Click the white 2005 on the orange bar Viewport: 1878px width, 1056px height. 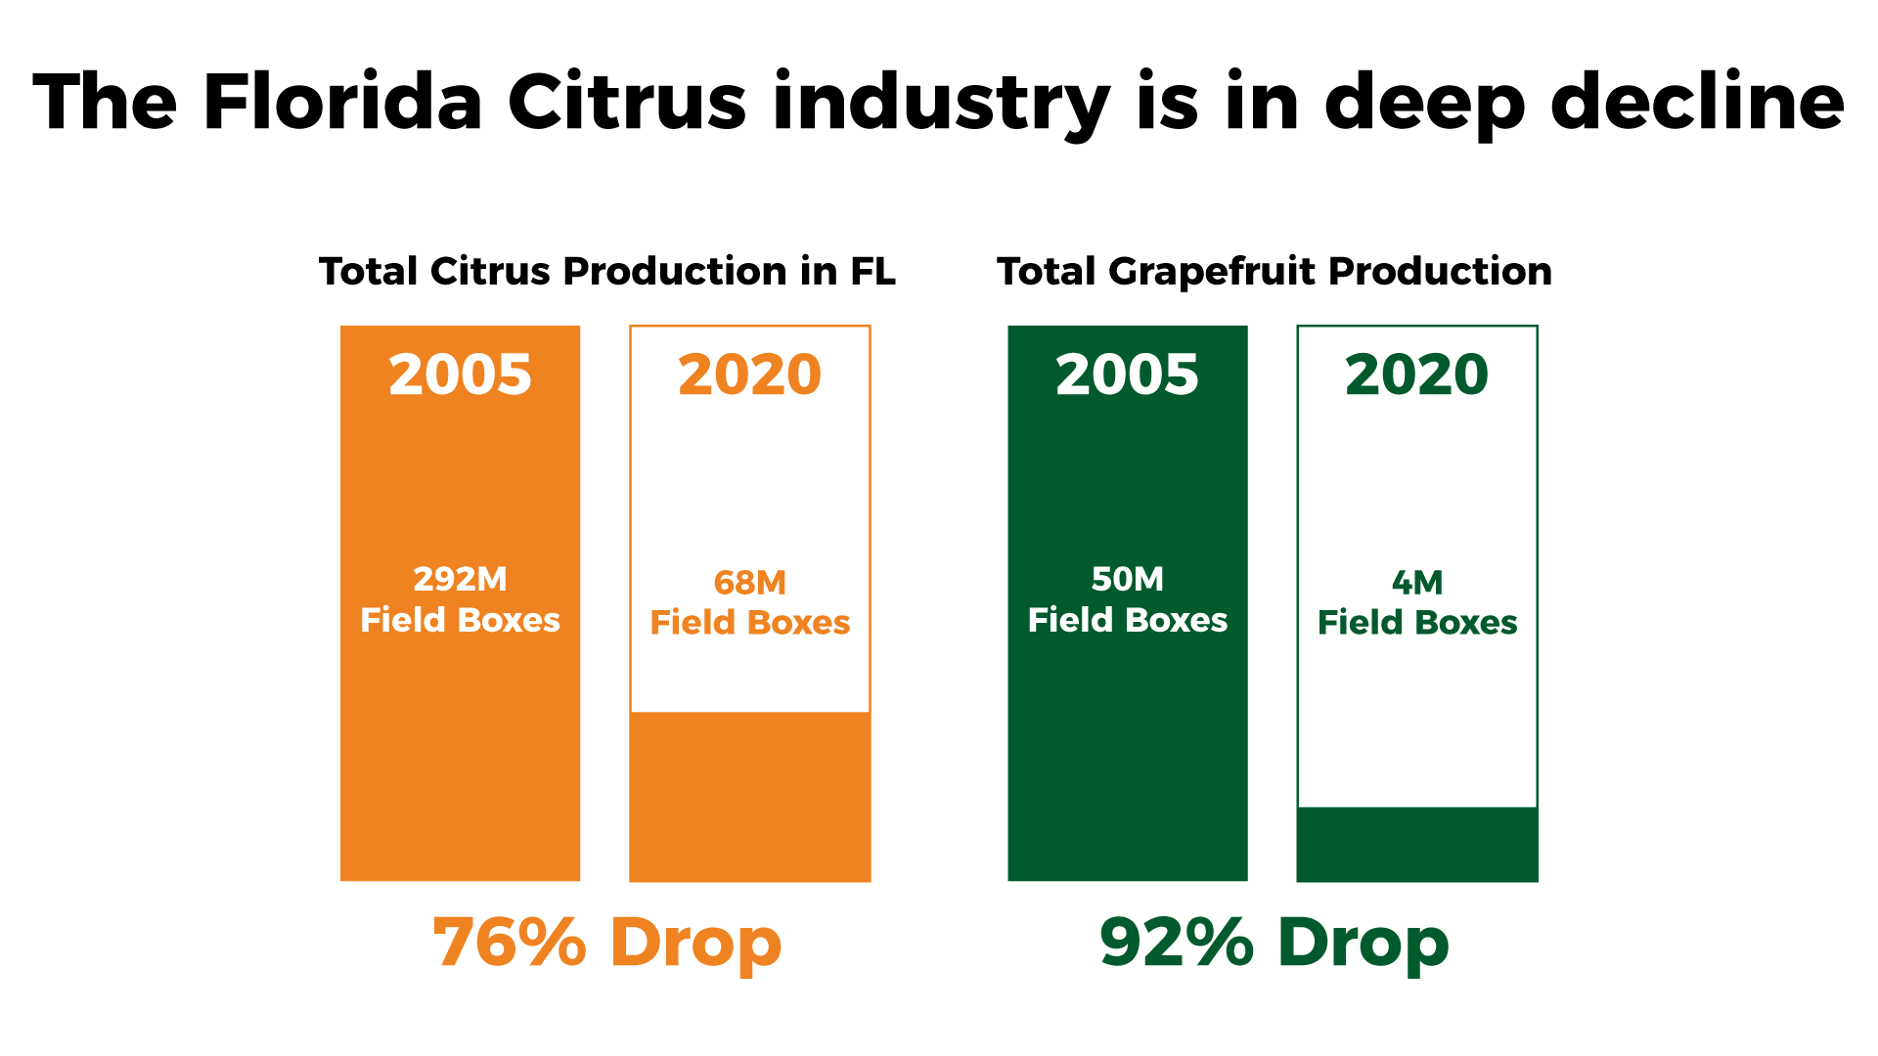[x=460, y=374]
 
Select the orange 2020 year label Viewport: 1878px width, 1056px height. [x=749, y=374]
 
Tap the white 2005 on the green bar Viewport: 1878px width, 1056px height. [x=1127, y=374]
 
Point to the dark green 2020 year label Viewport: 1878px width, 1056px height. [x=1416, y=374]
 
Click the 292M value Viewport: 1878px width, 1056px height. [x=460, y=579]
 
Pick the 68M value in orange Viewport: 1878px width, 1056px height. [x=749, y=583]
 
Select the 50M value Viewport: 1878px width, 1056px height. [x=1127, y=579]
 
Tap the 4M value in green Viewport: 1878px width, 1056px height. [x=1416, y=583]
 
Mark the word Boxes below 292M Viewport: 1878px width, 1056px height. [x=509, y=620]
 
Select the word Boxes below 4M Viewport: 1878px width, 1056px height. [x=1466, y=623]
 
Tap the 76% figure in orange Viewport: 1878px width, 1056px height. [x=510, y=943]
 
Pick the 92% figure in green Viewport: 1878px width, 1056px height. [x=1177, y=943]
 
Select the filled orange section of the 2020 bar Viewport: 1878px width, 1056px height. [x=749, y=796]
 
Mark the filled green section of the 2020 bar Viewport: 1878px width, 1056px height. [x=1416, y=844]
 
